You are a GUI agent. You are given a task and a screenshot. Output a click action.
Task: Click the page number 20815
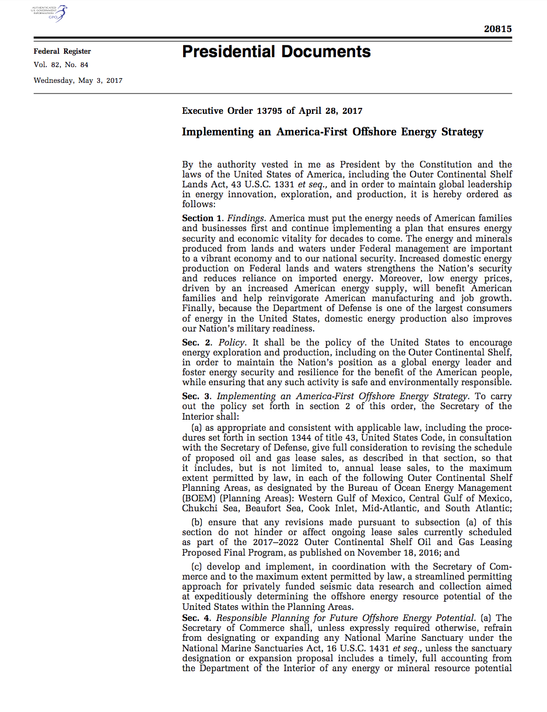coord(497,29)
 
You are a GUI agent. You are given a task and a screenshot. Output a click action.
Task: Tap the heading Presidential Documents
coord(276,52)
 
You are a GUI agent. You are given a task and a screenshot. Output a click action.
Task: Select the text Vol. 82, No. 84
coord(61,65)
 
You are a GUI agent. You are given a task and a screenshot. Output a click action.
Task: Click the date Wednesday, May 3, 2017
coord(78,81)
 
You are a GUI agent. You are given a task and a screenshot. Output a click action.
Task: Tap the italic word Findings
coord(237,218)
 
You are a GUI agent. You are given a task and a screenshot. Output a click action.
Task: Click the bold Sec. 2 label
coord(195,343)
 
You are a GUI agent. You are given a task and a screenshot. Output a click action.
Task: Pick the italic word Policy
coord(232,343)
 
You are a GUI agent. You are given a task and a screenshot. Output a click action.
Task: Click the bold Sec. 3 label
coord(195,396)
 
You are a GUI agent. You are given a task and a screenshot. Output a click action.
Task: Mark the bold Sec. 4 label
coord(195,618)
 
